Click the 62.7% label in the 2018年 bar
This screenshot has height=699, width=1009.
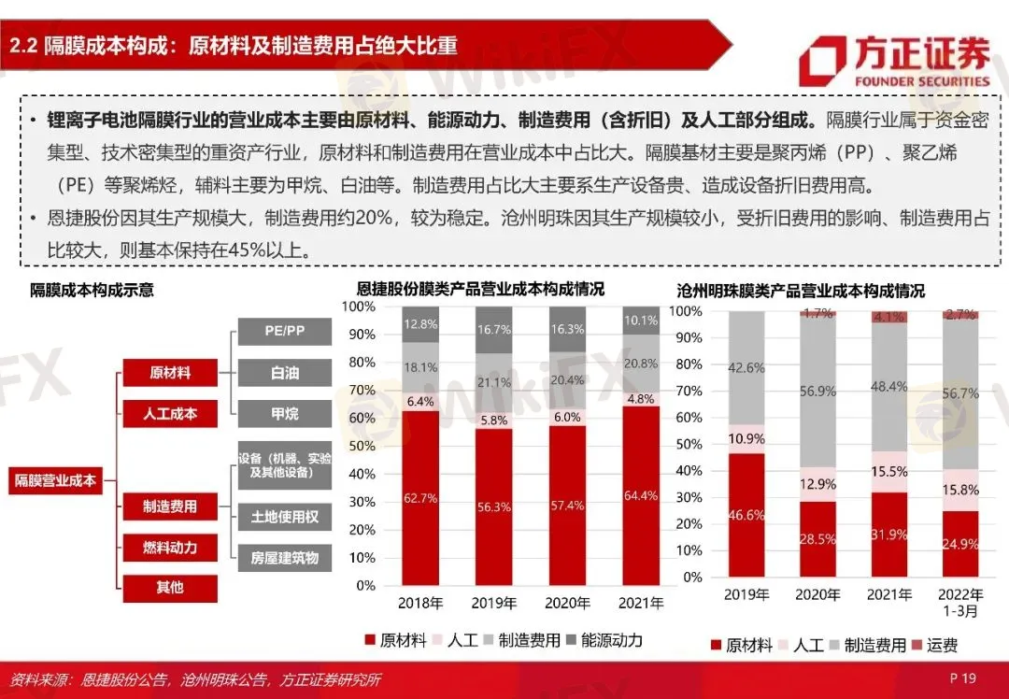click(x=420, y=498)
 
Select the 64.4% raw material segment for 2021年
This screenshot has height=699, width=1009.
click(x=641, y=495)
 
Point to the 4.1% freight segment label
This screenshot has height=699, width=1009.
click(x=888, y=318)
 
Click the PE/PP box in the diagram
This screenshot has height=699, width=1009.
click(x=285, y=331)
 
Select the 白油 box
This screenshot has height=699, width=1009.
click(x=285, y=372)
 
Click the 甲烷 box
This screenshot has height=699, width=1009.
click(x=285, y=413)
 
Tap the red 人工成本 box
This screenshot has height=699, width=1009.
click(x=169, y=413)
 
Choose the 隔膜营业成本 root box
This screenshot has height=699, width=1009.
click(x=55, y=480)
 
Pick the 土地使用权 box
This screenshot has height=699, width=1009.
click(x=285, y=516)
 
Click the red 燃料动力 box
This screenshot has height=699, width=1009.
click(x=169, y=548)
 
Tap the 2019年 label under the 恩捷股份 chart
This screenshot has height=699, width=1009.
click(x=493, y=603)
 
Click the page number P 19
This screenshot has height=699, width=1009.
click(x=961, y=678)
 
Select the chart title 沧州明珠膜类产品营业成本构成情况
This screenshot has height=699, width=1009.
click(x=801, y=291)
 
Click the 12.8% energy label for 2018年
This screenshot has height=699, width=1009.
click(x=420, y=324)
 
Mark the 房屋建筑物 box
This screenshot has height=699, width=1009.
click(x=285, y=558)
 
